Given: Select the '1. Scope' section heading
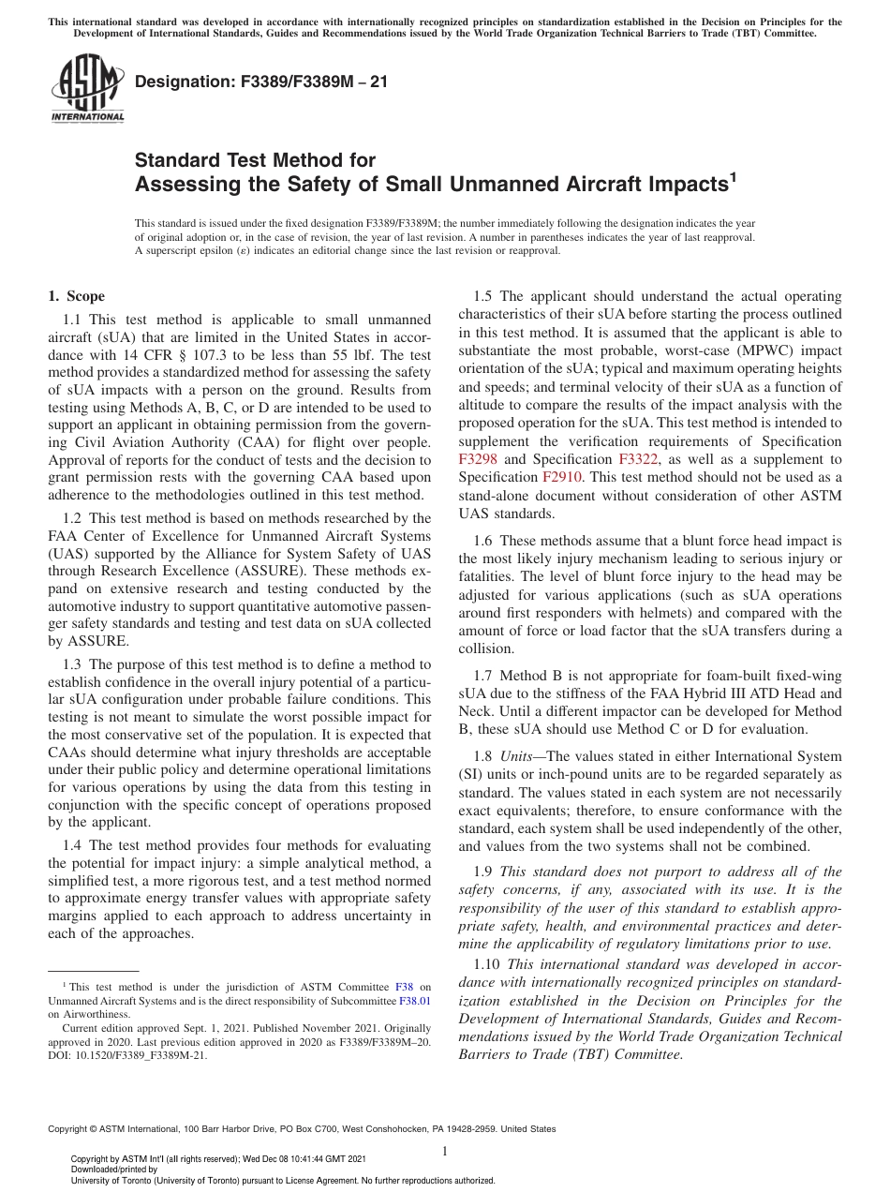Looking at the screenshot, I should [x=77, y=296].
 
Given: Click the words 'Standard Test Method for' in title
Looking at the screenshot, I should [x=255, y=160].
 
